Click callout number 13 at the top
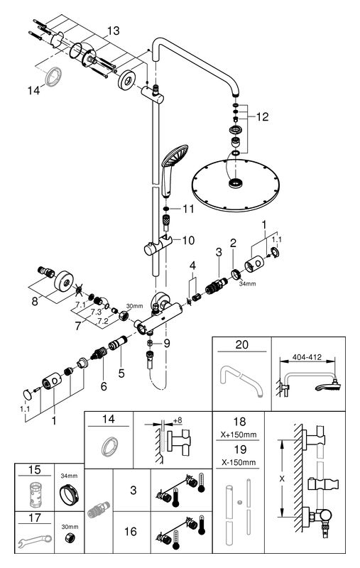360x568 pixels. coord(114,31)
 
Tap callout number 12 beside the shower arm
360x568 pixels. coord(263,116)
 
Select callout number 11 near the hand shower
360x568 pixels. coord(188,209)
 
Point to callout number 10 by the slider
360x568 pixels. coord(188,240)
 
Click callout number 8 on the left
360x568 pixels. coord(35,301)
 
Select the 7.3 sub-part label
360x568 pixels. coord(96,312)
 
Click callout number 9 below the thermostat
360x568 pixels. coord(167,343)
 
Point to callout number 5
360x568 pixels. coord(121,373)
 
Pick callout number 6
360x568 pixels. coord(104,386)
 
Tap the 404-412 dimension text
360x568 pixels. coord(307,357)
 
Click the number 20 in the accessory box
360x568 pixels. coord(242,344)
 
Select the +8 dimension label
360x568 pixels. coord(178,420)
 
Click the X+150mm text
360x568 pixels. coord(239,435)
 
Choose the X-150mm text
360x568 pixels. coord(239,462)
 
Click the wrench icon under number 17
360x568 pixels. coord(35,540)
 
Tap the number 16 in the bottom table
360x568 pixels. coord(131,531)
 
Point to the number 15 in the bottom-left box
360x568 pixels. coord(34,470)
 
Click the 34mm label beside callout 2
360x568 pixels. coord(247,283)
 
